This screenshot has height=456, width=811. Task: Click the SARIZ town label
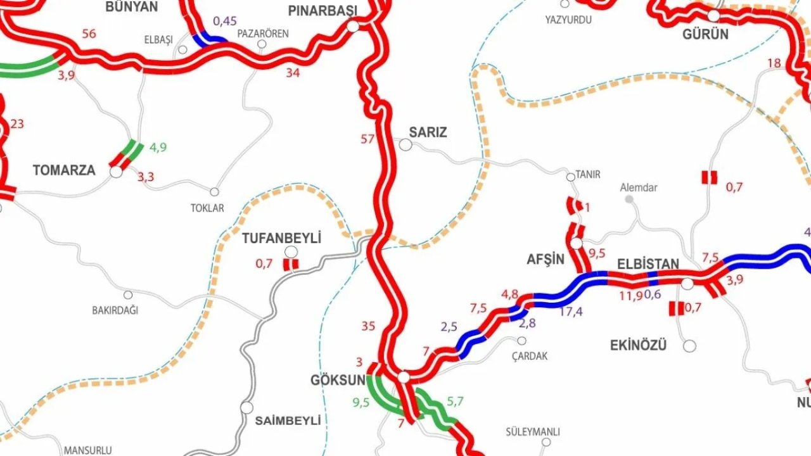pos(428,132)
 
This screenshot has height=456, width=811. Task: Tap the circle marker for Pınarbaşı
pos(353,27)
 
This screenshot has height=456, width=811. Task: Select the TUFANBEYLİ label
pos(281,239)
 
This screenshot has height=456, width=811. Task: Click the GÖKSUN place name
pos(338,380)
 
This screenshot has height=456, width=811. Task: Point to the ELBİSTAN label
pos(648,264)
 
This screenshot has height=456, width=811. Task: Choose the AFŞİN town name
pos(545,259)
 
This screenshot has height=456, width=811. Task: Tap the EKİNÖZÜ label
pos(638,346)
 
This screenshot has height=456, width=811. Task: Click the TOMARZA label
pos(64,170)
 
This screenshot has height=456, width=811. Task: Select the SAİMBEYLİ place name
pos(288,421)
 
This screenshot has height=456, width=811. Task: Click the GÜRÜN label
pos(705,35)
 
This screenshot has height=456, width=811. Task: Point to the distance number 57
pos(367,139)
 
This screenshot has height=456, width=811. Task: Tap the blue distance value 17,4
pos(571,312)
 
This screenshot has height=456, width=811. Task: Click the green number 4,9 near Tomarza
pos(158,148)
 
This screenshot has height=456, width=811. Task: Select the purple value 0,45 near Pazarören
pos(225,22)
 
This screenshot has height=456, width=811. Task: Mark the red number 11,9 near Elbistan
pos(630,294)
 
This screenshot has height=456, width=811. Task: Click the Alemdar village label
pos(638,187)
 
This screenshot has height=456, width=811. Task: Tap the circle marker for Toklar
pos(214,192)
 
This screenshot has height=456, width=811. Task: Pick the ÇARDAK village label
pos(530,357)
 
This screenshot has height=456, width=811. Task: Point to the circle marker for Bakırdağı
pos(128,295)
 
